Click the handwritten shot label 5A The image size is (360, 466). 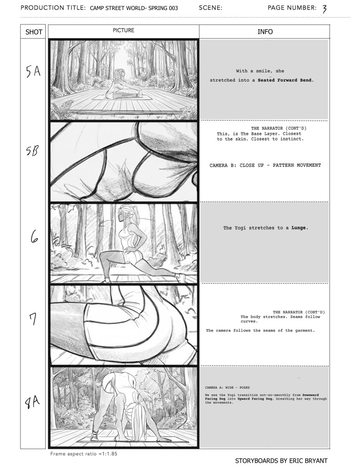pyautogui.click(x=33, y=72)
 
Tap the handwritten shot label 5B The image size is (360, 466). pyautogui.click(x=32, y=151)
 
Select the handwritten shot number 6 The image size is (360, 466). pyautogui.click(x=34, y=237)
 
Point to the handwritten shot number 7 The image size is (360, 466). pyautogui.click(x=33, y=319)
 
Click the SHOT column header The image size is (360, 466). pyautogui.click(x=34, y=32)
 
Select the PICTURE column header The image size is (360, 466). pyautogui.click(x=123, y=31)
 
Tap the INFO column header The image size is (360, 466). pyautogui.click(x=265, y=32)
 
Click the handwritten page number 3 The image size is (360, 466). pyautogui.click(x=325, y=9)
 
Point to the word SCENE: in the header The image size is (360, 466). pyautogui.click(x=211, y=8)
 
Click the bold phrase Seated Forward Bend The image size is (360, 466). pyautogui.click(x=286, y=80)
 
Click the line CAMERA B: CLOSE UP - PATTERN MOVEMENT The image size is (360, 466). pyautogui.click(x=265, y=165)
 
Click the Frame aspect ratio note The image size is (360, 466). pyautogui.click(x=84, y=454)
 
